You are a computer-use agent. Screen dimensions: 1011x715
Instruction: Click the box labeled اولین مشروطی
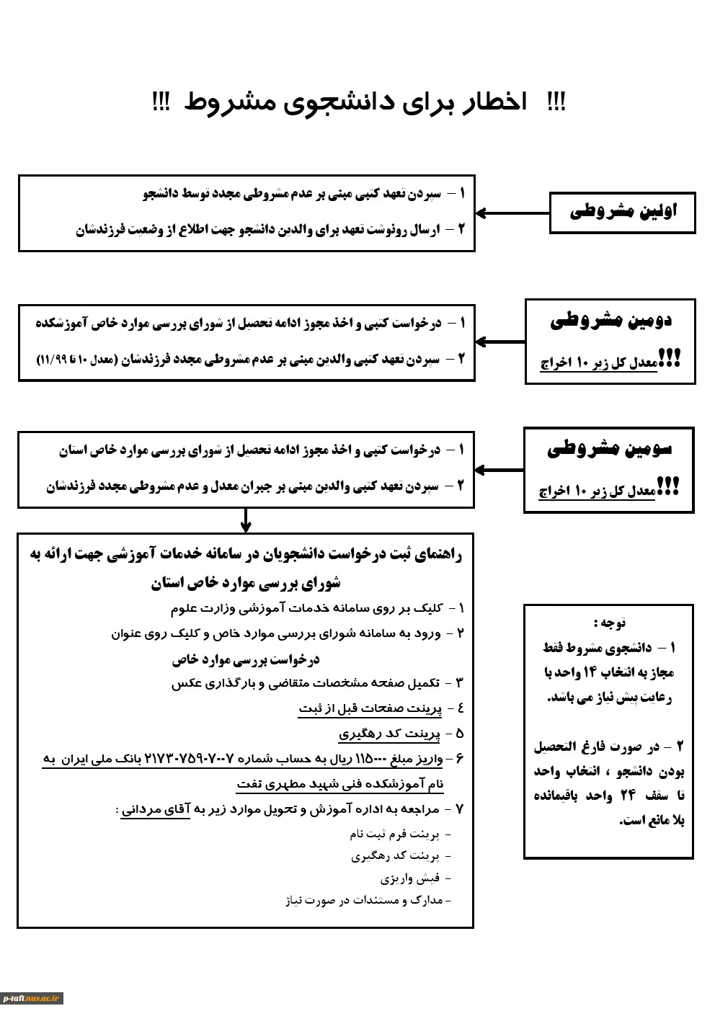pos(622,213)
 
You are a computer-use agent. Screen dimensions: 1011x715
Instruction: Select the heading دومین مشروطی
pos(610,321)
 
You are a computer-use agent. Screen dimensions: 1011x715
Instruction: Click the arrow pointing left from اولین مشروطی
pos(512,213)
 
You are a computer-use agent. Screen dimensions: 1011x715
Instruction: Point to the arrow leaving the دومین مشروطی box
pos(499,342)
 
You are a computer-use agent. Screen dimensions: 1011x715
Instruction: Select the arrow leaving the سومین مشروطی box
pos(499,470)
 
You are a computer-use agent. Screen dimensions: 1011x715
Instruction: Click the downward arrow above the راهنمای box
pos(246,520)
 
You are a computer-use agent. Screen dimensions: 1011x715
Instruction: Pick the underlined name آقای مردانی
pos(155,809)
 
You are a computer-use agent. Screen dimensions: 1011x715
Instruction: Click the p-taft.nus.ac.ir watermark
pos(32,998)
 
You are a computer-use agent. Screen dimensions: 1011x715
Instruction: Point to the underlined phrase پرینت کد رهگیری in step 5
pos(390,734)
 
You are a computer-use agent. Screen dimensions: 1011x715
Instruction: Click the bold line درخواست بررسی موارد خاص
pos(245,659)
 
